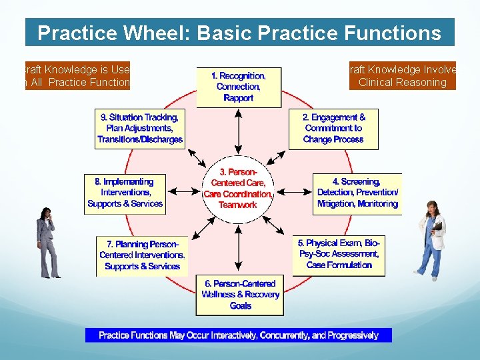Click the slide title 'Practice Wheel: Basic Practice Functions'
tap(239, 33)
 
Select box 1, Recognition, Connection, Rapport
tap(239, 87)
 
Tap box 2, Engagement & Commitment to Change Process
tap(333, 128)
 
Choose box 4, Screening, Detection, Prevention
tap(357, 193)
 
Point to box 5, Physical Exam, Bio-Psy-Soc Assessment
tap(339, 255)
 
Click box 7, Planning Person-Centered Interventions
tap(142, 255)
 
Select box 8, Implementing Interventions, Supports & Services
tap(125, 193)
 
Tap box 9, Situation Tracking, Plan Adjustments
tap(140, 129)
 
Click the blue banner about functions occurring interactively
tap(238, 335)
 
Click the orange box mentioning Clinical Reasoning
tap(402, 76)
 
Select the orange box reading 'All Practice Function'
tap(77, 76)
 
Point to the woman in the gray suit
tap(47, 242)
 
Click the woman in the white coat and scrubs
tap(429, 239)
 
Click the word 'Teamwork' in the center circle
tap(237, 205)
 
